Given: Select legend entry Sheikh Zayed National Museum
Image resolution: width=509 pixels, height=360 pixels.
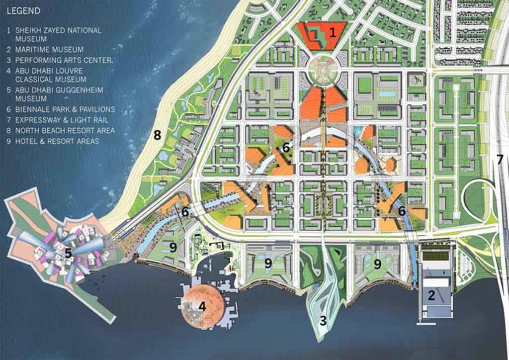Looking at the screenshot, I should coord(55,34).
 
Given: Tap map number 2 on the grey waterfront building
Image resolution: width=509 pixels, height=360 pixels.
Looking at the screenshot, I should coord(431,295).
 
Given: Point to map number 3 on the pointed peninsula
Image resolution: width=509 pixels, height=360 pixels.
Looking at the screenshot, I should coord(323,321).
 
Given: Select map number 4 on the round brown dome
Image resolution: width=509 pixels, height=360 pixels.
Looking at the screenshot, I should coord(202,306).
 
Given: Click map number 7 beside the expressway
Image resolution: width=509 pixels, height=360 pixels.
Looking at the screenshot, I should coord(500,160).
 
